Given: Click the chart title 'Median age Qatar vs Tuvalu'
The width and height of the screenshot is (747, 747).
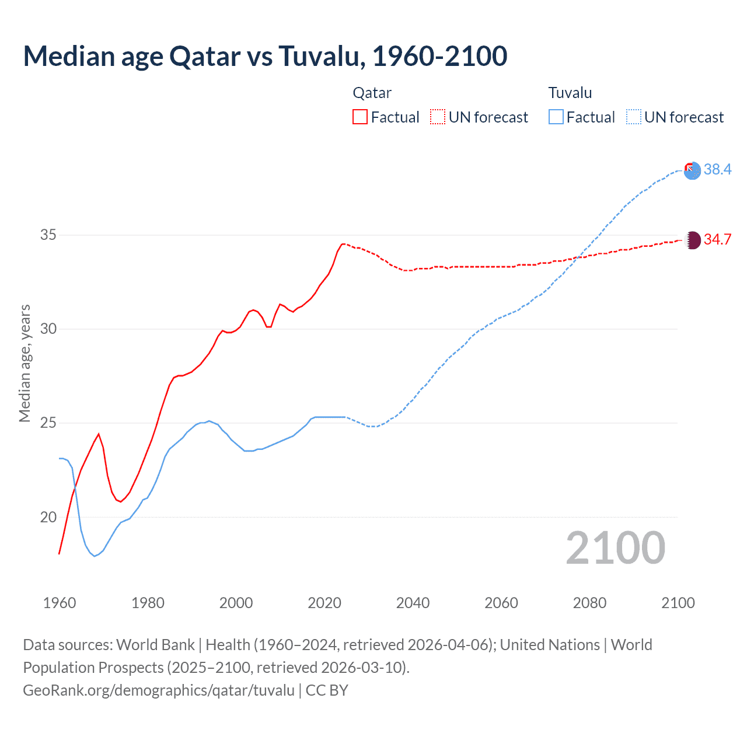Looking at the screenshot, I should point(265,56).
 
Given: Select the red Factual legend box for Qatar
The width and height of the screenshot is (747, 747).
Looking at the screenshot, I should point(360,117).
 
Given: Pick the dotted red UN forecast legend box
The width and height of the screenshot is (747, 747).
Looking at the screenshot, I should point(438,117).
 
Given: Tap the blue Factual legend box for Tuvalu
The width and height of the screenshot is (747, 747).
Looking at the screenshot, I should point(556,117).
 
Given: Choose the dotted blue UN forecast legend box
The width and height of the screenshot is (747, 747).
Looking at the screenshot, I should point(633,117).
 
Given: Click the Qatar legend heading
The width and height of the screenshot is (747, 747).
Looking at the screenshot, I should point(372,93).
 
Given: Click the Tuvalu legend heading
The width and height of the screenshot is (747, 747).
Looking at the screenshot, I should point(570,93).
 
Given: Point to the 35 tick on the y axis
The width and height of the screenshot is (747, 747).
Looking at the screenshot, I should point(48,235).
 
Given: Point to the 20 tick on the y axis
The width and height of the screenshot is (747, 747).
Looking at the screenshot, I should point(48,517).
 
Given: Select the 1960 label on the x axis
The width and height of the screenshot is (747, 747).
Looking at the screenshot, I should point(60,603).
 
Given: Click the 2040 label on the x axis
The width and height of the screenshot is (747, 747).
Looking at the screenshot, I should point(413,603).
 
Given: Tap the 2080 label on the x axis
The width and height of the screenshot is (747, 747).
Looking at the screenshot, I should point(589,603).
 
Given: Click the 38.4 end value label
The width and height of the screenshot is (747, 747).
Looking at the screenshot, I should point(717,169).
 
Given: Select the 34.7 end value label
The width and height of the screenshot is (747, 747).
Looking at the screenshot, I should point(717,239).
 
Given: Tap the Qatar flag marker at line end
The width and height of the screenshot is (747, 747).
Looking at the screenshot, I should point(692,240).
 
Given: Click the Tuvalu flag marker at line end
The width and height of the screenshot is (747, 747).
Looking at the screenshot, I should point(692,170).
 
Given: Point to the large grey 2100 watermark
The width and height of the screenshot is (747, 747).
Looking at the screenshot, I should point(615,547).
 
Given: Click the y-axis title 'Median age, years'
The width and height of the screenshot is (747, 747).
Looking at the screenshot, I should point(25,363).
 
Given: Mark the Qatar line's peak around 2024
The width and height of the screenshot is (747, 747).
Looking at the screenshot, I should point(343,244).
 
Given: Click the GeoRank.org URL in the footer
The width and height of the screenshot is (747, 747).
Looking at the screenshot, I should point(159,690).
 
